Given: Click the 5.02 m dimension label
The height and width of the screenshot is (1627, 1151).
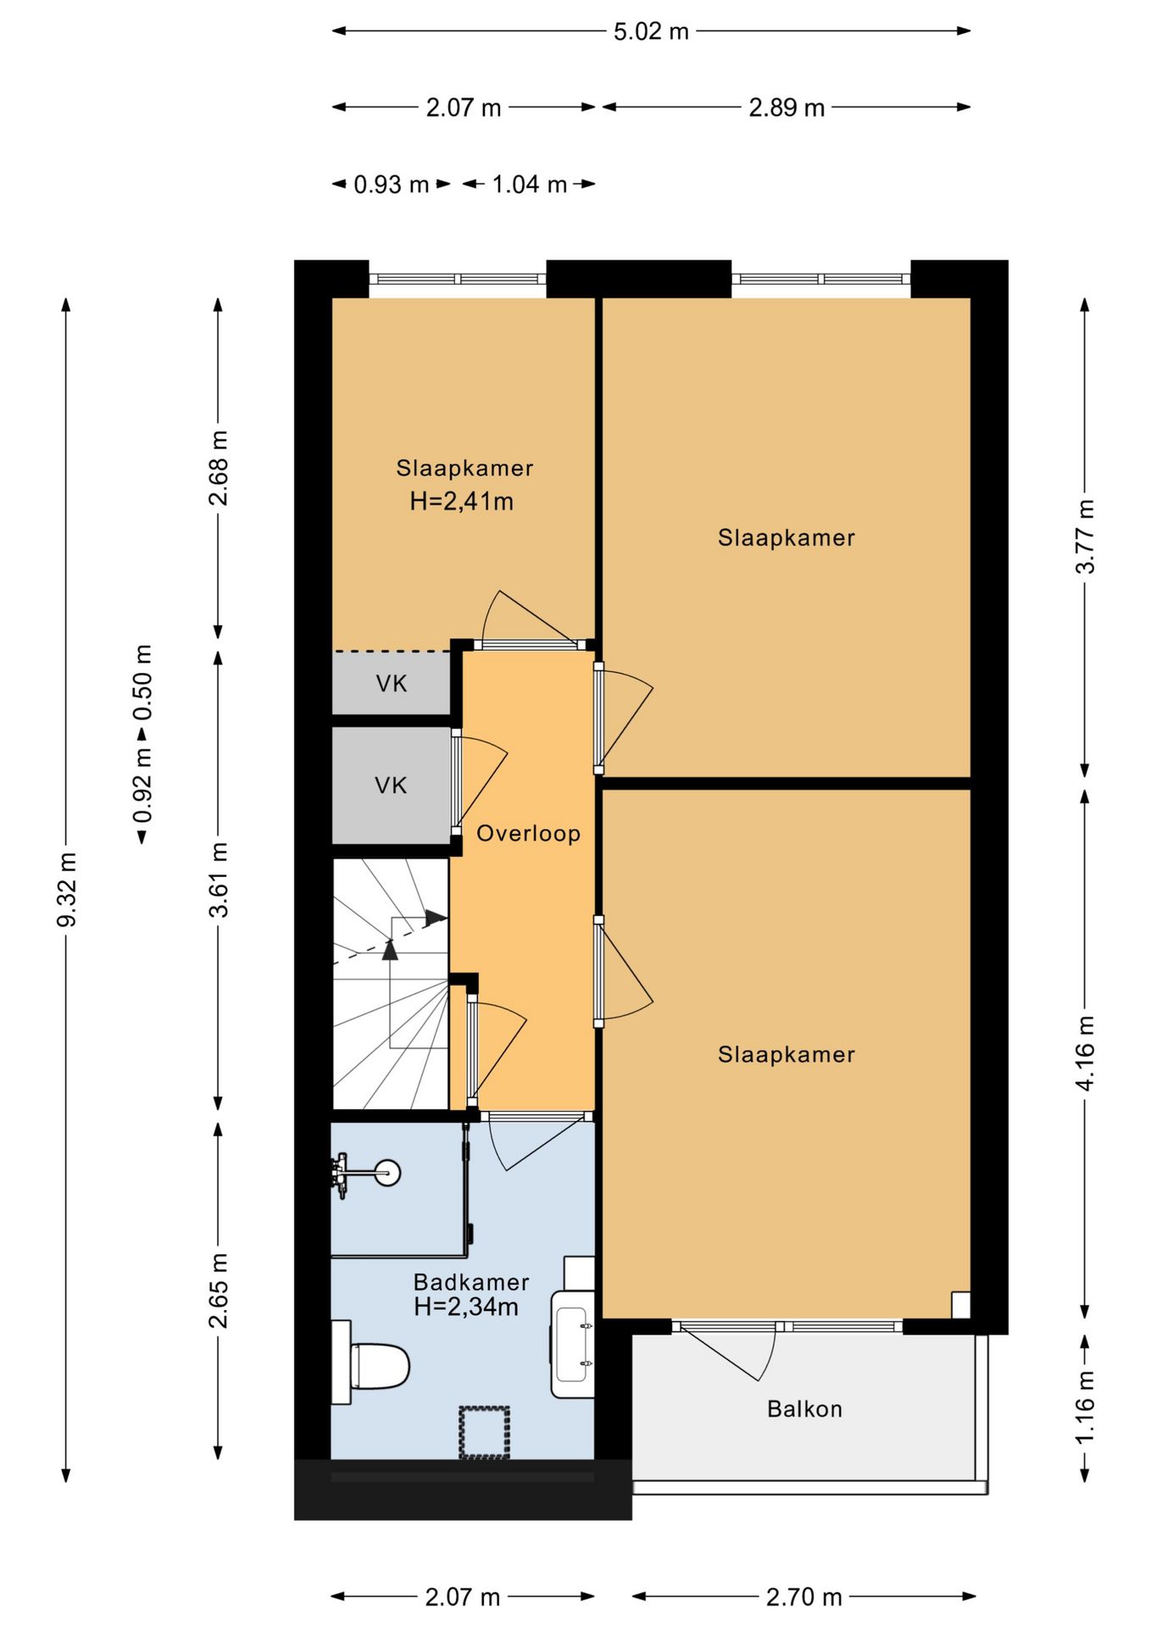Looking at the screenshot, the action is click(x=651, y=31).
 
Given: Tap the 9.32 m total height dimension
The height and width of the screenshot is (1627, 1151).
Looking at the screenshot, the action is click(x=67, y=890).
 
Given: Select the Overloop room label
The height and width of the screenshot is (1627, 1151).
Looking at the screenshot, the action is click(x=528, y=833).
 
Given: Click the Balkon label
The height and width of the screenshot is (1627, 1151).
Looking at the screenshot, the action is click(x=804, y=1408).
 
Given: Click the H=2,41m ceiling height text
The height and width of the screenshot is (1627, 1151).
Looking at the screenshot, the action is click(x=462, y=502).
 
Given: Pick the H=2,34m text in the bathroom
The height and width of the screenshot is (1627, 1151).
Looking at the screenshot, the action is click(x=466, y=1307).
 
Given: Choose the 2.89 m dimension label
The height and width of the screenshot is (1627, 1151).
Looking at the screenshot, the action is click(x=787, y=108).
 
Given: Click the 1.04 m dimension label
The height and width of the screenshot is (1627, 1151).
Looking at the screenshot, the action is click(x=530, y=184).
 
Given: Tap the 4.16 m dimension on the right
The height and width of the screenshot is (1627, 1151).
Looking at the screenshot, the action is click(x=1086, y=1052).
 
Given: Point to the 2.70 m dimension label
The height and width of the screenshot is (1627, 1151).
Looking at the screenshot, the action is click(x=804, y=1597).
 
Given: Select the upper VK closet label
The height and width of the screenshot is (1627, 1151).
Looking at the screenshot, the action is click(x=392, y=684).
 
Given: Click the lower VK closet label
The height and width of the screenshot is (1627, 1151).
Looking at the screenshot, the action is click(x=391, y=786).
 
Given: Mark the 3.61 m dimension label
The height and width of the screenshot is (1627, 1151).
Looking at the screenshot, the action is click(x=219, y=880).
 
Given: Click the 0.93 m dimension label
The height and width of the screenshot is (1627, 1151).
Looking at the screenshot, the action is click(x=392, y=184).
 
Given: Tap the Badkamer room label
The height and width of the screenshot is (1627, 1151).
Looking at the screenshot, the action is click(x=471, y=1282).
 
